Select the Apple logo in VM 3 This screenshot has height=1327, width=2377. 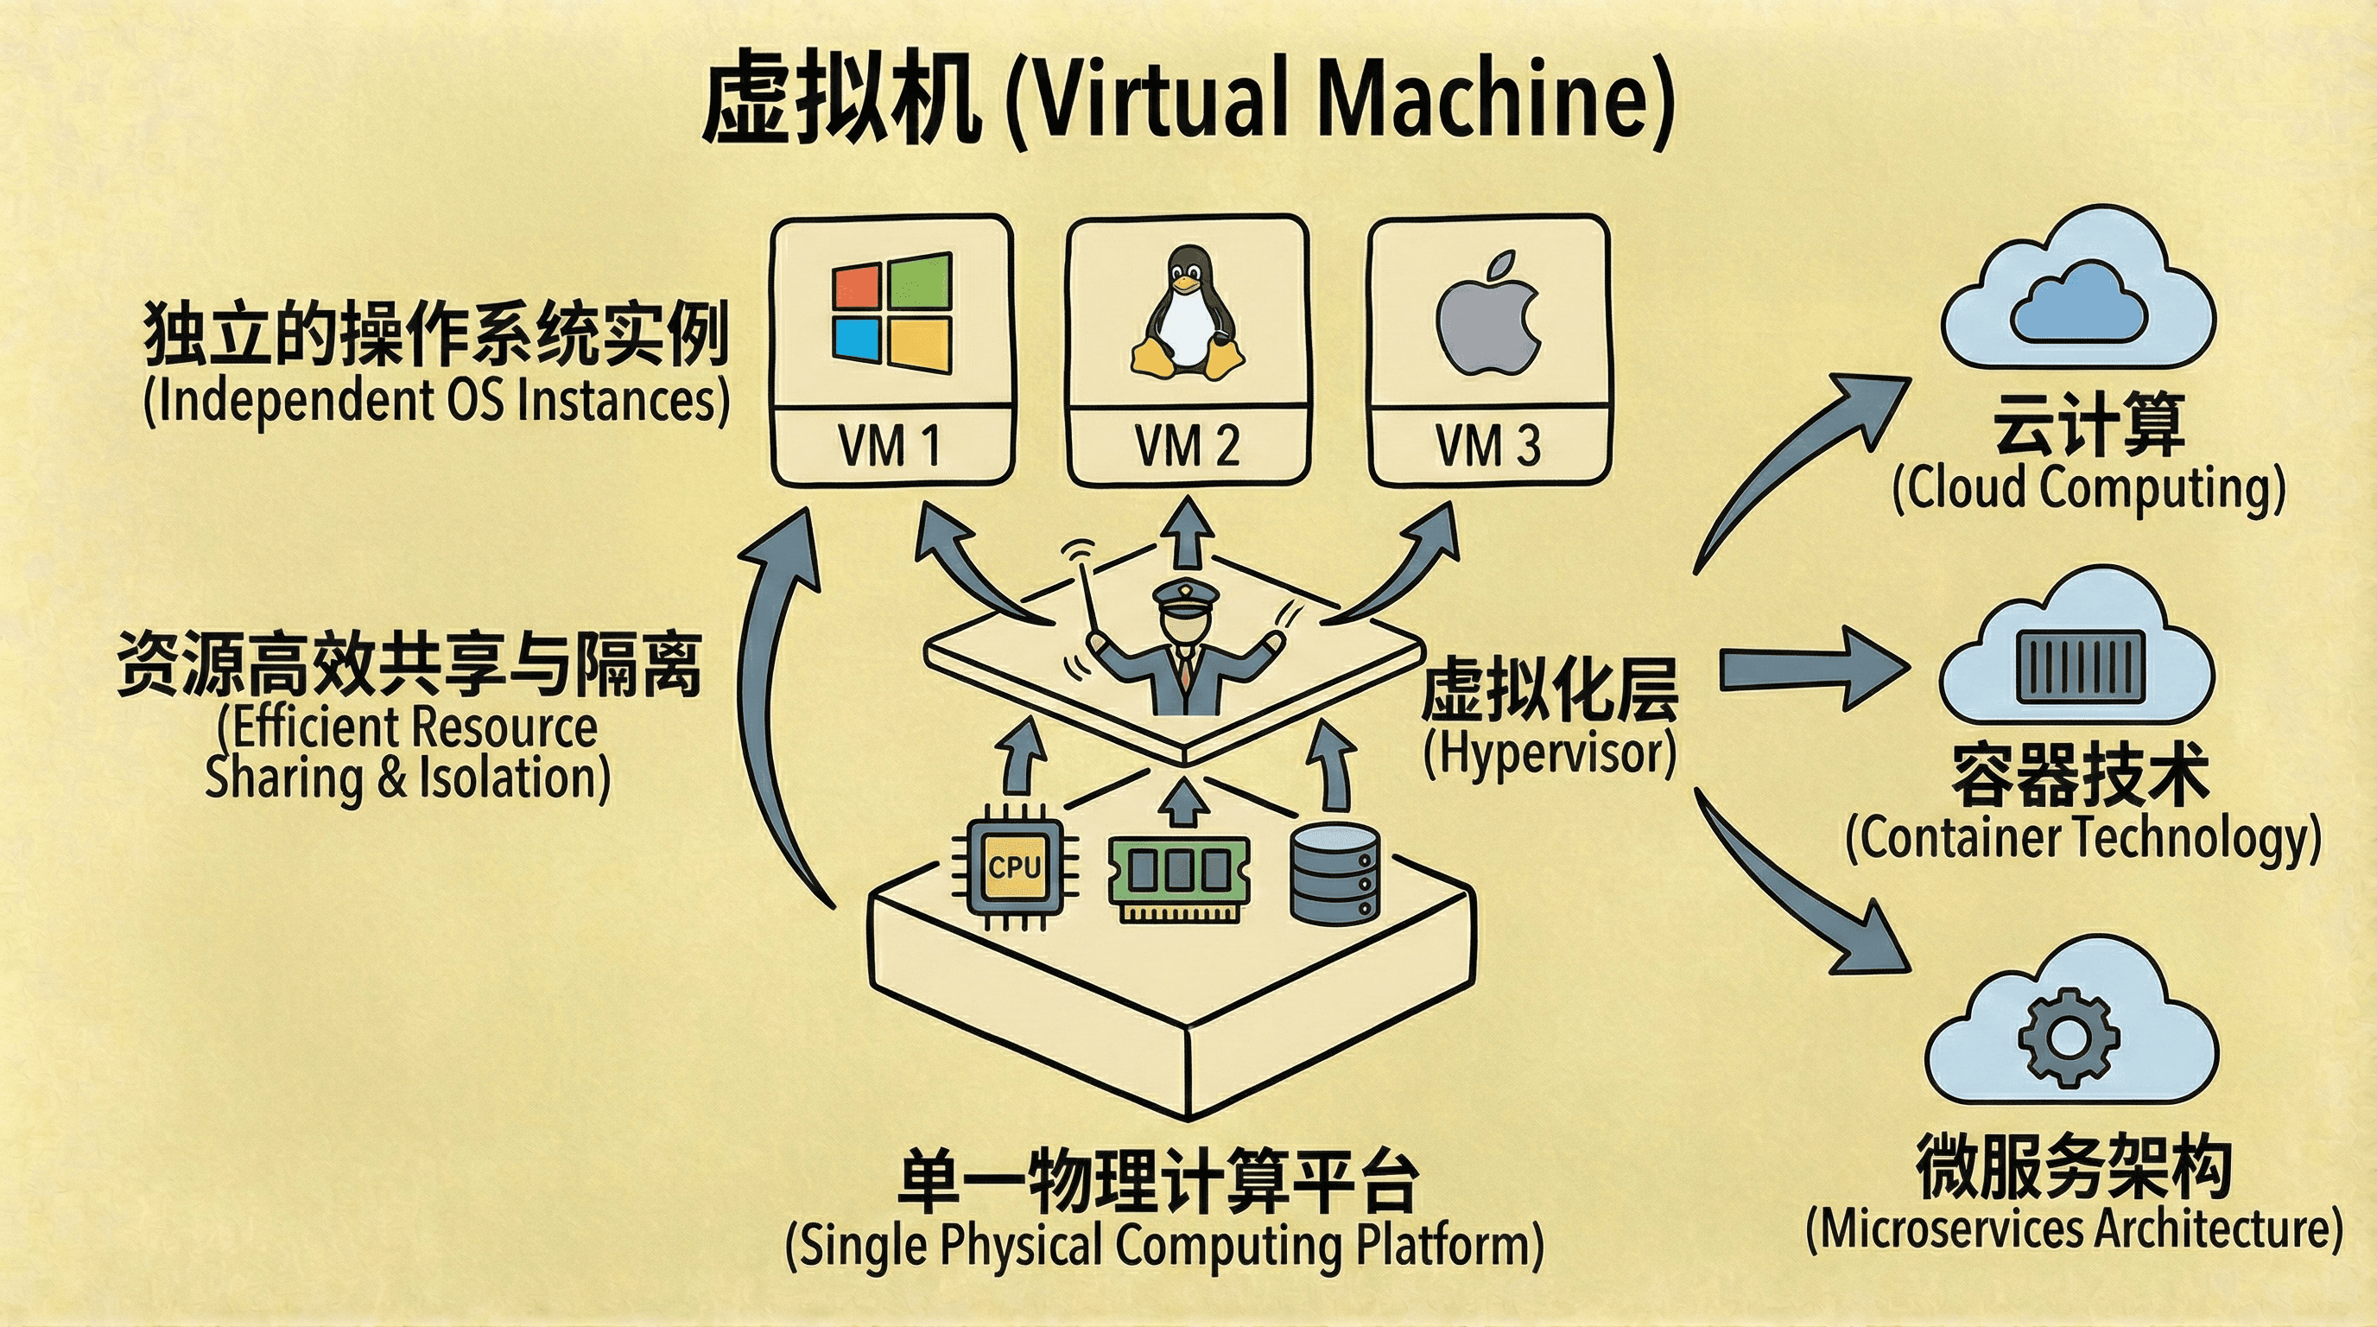click(1488, 314)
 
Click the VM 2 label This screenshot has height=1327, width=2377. click(1188, 447)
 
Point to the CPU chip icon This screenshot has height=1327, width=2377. click(1014, 867)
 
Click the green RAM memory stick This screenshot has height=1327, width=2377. click(1178, 878)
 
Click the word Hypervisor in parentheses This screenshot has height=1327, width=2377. click(1550, 753)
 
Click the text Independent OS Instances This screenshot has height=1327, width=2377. click(436, 402)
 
